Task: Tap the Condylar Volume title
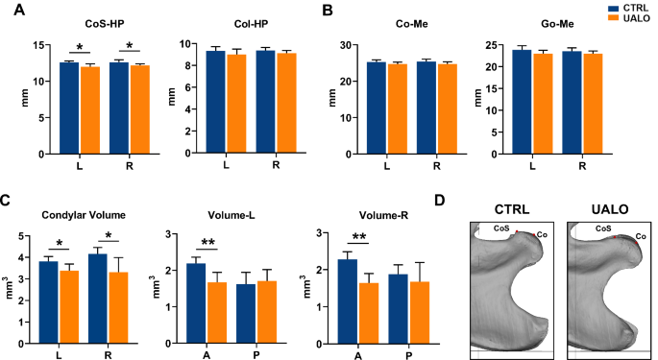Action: coord(86,214)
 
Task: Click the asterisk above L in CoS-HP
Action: coord(79,47)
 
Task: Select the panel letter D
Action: coord(466,200)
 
